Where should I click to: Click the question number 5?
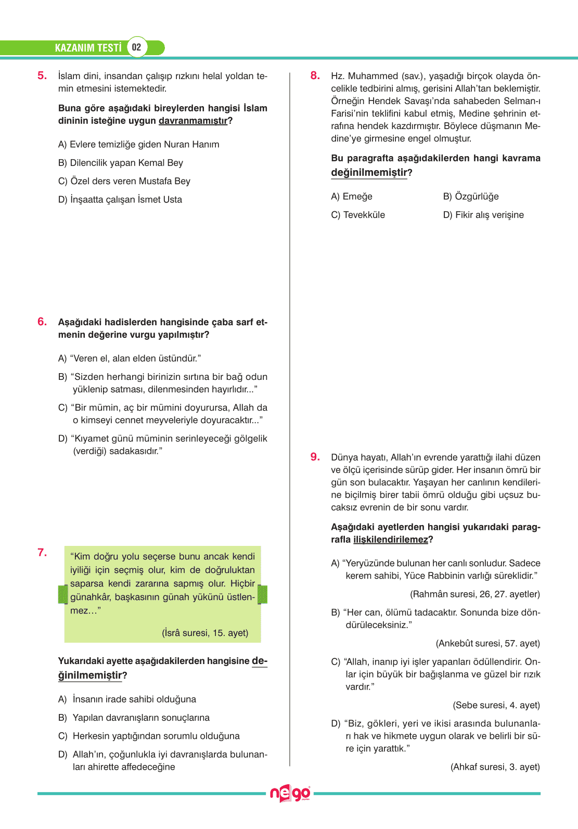(42, 76)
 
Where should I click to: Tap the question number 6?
(42, 322)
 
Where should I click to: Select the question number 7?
(42, 553)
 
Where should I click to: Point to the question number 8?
(315, 76)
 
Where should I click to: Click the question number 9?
(315, 457)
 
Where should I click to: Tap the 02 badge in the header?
(137, 47)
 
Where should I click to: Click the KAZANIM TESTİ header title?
(88, 48)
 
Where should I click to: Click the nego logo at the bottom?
(289, 794)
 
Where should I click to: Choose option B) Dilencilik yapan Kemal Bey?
(121, 163)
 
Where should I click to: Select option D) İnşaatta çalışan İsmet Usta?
(120, 199)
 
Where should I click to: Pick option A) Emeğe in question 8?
(352, 196)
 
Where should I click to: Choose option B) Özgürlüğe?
(471, 196)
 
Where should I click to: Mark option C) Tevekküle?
(358, 215)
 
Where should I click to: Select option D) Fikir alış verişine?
(483, 215)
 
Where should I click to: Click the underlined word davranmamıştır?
(193, 121)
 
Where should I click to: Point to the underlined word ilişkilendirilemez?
(390, 540)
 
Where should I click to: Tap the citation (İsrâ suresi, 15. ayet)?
(205, 633)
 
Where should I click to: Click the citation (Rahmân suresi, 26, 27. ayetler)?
(475, 594)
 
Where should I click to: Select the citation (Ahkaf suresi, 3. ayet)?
(495, 767)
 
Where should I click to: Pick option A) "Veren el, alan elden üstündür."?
(130, 358)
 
